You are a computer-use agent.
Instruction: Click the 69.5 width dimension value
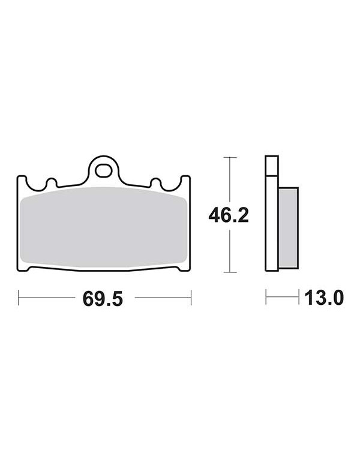point(103,298)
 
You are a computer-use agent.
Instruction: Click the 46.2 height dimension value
point(229,215)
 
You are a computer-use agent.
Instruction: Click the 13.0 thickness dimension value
point(324,298)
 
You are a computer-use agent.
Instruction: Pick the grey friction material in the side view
point(289,228)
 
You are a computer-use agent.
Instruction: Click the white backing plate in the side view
point(272,213)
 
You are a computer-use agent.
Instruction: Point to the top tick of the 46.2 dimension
point(230,158)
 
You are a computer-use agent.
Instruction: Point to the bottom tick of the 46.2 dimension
point(230,272)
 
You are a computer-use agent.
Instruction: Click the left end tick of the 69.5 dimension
point(19,298)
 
